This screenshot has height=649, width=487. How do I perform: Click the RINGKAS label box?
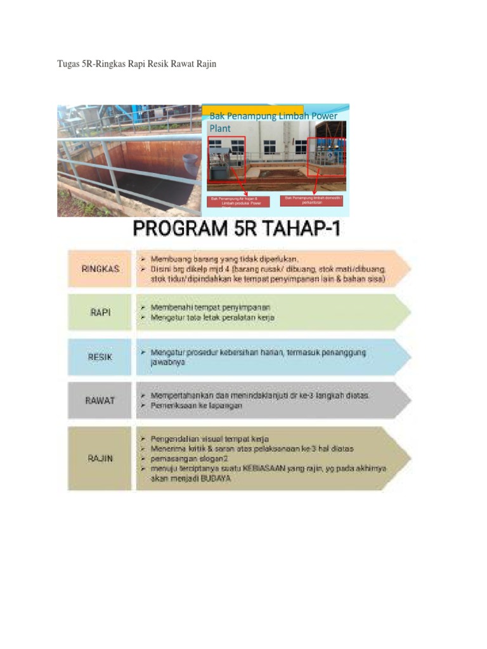click(x=100, y=269)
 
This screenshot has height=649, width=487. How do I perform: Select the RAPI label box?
click(x=100, y=312)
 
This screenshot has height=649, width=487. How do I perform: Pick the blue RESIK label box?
click(x=100, y=357)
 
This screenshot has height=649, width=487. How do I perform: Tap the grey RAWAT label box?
click(x=100, y=401)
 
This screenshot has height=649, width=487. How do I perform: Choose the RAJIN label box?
click(x=100, y=458)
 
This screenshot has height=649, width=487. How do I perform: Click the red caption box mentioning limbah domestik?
click(x=311, y=200)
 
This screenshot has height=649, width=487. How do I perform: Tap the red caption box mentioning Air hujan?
click(x=239, y=202)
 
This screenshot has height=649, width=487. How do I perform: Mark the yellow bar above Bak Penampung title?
click(x=253, y=109)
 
